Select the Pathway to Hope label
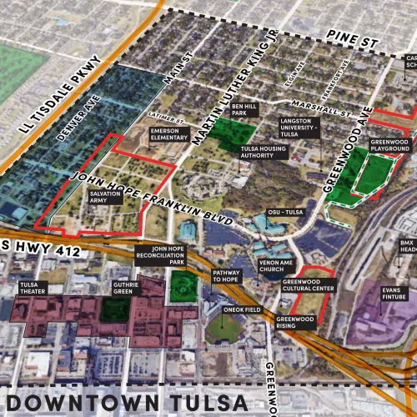[227, 275]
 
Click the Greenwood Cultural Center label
[308, 286]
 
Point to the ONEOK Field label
[243, 309]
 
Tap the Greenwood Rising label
[297, 322]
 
